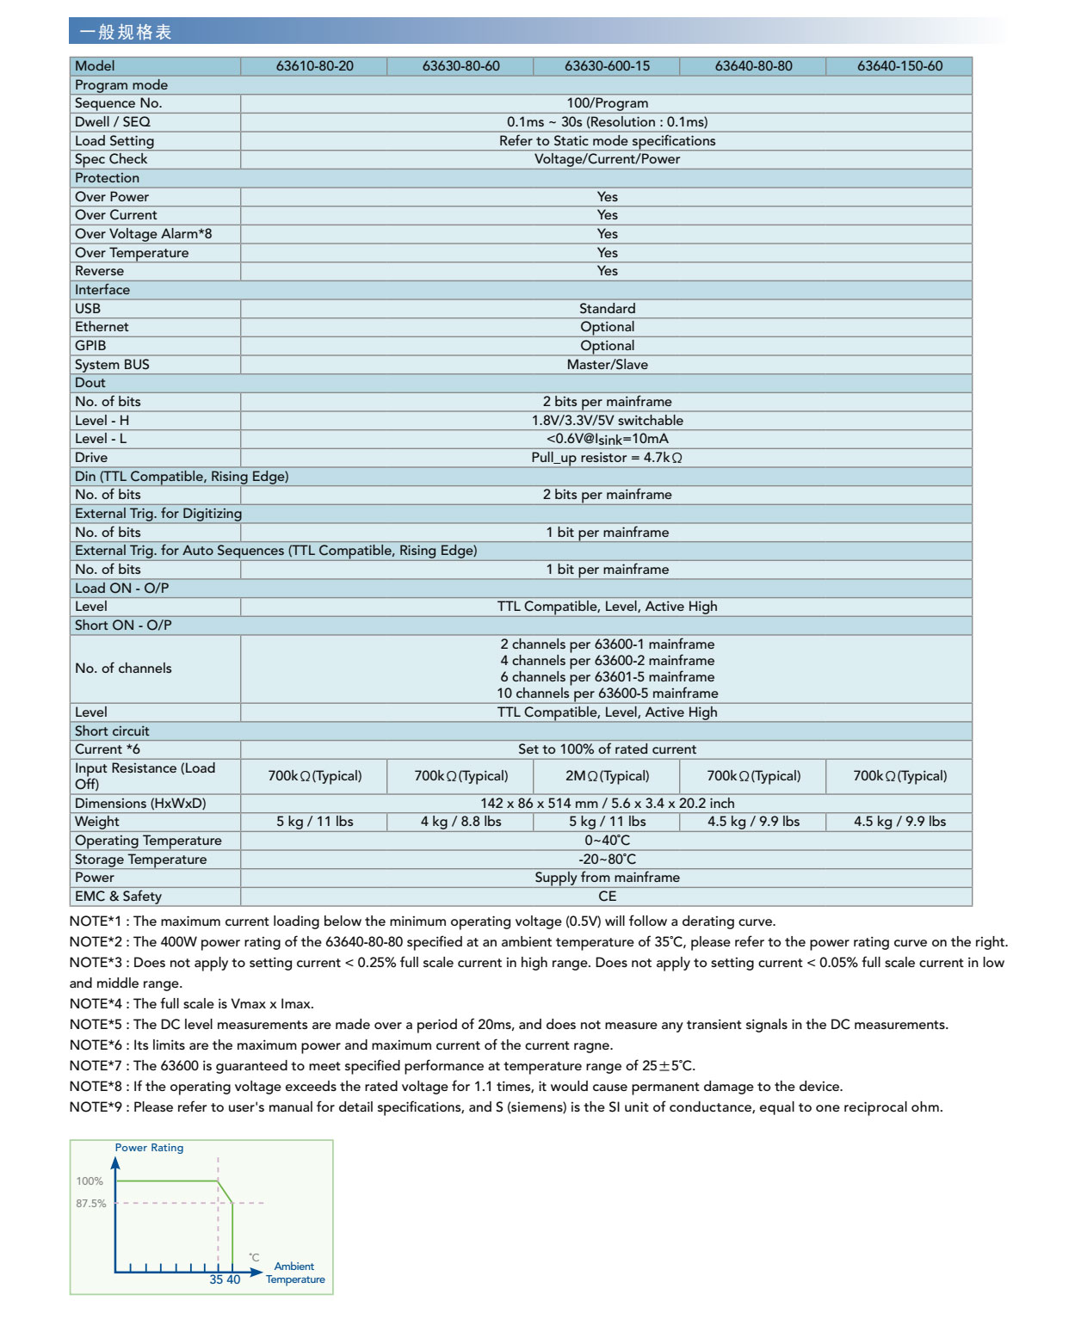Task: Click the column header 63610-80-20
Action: click(314, 66)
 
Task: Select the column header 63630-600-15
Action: click(607, 66)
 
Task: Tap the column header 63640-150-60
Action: click(899, 66)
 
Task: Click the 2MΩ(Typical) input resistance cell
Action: click(607, 776)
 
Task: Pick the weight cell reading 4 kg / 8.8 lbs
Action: click(460, 822)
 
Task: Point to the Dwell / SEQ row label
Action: click(113, 122)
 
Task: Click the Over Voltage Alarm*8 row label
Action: click(143, 234)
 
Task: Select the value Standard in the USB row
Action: click(607, 309)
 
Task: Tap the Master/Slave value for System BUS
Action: click(607, 365)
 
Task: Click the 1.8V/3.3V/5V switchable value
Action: click(607, 421)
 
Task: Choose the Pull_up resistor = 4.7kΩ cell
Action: click(607, 458)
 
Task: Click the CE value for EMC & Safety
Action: click(607, 897)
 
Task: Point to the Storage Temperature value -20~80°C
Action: click(607, 860)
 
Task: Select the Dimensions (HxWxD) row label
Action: click(140, 804)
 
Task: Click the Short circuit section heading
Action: click(112, 731)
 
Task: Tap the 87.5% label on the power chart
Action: click(90, 1204)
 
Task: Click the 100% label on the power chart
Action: click(90, 1181)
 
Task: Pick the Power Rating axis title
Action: click(149, 1148)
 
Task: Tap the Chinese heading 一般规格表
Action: click(126, 33)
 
